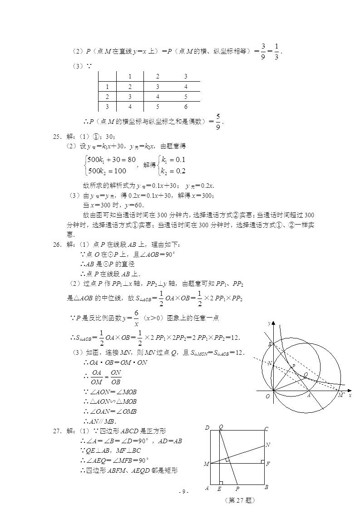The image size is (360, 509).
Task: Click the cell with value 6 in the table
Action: tap(186, 107)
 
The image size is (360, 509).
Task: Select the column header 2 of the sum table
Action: tap(157, 76)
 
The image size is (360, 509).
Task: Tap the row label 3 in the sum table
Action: tap(108, 107)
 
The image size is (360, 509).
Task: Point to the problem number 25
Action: tap(58, 137)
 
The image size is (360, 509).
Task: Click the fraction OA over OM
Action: tap(97, 377)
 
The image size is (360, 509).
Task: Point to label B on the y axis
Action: tap(270, 345)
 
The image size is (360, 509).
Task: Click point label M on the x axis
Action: tap(340, 395)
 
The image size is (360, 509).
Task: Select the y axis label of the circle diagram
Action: tap(269, 323)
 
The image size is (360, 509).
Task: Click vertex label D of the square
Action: tap(207, 428)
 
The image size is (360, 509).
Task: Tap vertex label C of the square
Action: tap(266, 429)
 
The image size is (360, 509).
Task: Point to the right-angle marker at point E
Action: tap(221, 483)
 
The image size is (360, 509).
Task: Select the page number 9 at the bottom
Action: tap(183, 492)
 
